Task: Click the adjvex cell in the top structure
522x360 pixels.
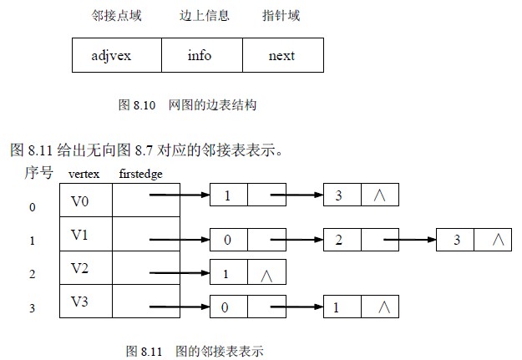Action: [112, 56]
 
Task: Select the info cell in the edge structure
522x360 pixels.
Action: [199, 56]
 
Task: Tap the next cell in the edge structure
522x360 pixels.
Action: [281, 56]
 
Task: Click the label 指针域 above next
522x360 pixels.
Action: [281, 16]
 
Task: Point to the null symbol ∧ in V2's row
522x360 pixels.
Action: [266, 273]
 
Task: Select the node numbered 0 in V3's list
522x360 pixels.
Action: [228, 307]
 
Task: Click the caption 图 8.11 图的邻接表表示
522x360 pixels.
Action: [194, 351]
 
